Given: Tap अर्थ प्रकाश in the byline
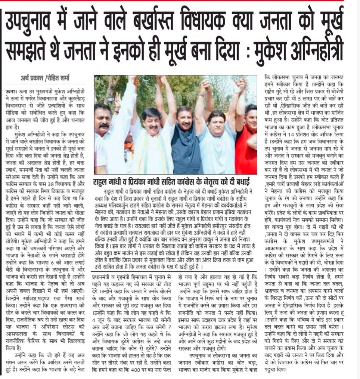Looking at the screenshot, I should click(x=32, y=78).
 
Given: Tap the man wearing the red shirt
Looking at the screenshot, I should click(x=247, y=146).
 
